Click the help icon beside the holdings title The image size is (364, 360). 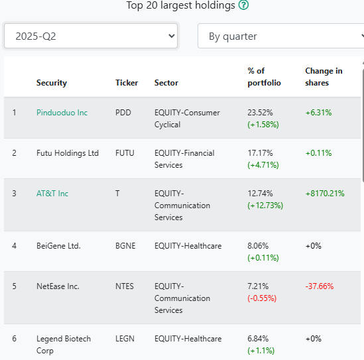243,5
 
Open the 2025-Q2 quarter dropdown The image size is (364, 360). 91,36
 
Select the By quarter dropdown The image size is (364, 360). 281,36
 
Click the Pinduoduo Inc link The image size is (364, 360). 62,113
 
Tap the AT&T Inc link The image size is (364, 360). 52,194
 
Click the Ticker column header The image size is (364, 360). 127,83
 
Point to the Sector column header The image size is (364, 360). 166,83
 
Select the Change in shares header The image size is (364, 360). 324,77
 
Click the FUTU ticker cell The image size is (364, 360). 125,153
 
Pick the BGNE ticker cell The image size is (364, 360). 125,246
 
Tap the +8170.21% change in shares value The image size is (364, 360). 325,194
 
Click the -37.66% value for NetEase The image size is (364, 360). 320,286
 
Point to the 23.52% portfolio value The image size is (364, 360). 260,113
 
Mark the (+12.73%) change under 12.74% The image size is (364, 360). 265,206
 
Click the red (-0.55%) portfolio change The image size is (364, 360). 262,298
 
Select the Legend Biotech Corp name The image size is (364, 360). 64,345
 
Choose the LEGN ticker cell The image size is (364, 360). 125,339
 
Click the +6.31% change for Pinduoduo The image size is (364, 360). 318,113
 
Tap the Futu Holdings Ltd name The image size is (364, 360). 68,153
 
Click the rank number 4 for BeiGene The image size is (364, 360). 14,246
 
